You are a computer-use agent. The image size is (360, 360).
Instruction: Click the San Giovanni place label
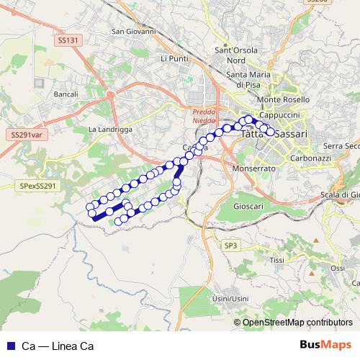point(133,32)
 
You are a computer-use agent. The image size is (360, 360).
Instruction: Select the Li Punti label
point(174,58)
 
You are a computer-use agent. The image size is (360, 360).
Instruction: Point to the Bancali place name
point(66,94)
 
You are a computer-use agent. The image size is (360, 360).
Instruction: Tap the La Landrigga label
point(109,129)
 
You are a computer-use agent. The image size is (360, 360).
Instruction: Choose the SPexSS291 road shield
point(37,185)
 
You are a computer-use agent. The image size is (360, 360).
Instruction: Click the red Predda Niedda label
point(203,116)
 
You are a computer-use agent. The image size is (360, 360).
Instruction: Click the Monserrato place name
point(254,168)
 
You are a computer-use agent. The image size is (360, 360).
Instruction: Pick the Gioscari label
point(248,206)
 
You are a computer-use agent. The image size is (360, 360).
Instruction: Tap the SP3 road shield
point(230,246)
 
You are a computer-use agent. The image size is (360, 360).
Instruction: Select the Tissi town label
point(276,260)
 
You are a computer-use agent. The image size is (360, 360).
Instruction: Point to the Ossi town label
point(337,268)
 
